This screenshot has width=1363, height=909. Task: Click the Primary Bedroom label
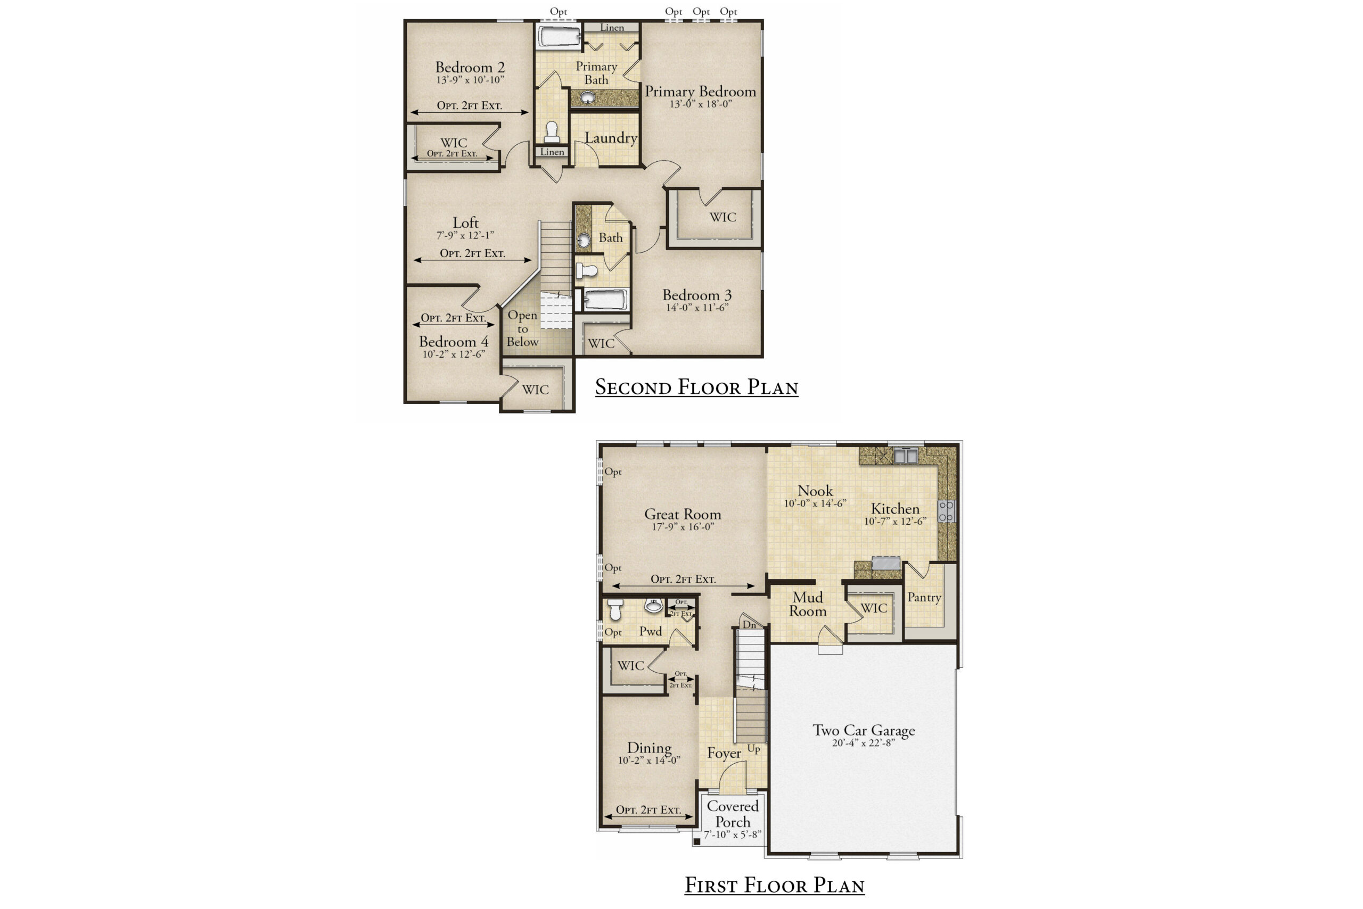tap(700, 92)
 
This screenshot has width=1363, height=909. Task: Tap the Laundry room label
tap(611, 138)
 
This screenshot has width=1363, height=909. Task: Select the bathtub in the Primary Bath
tap(559, 36)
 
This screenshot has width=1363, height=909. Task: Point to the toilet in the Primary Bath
tap(552, 132)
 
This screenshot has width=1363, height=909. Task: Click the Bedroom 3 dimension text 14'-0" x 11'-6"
tap(696, 308)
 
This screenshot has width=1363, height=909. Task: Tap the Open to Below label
tap(523, 329)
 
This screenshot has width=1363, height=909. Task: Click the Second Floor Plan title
tap(696, 387)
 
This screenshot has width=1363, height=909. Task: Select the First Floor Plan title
tap(774, 885)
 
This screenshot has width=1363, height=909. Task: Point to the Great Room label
tap(683, 514)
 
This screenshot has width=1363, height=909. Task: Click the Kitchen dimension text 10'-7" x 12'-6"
tap(895, 521)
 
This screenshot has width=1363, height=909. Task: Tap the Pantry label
tap(924, 598)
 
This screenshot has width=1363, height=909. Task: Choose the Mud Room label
tap(808, 604)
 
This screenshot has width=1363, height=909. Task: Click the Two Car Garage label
tap(864, 730)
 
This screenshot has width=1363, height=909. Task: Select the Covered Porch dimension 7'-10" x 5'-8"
tap(733, 835)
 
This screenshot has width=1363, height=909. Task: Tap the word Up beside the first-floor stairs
tap(753, 749)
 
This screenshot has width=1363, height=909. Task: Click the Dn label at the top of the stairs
tap(749, 624)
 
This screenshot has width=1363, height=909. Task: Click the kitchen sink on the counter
tap(905, 456)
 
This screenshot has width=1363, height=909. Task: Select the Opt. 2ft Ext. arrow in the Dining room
tap(648, 817)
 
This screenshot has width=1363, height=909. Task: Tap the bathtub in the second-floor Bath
tap(605, 300)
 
